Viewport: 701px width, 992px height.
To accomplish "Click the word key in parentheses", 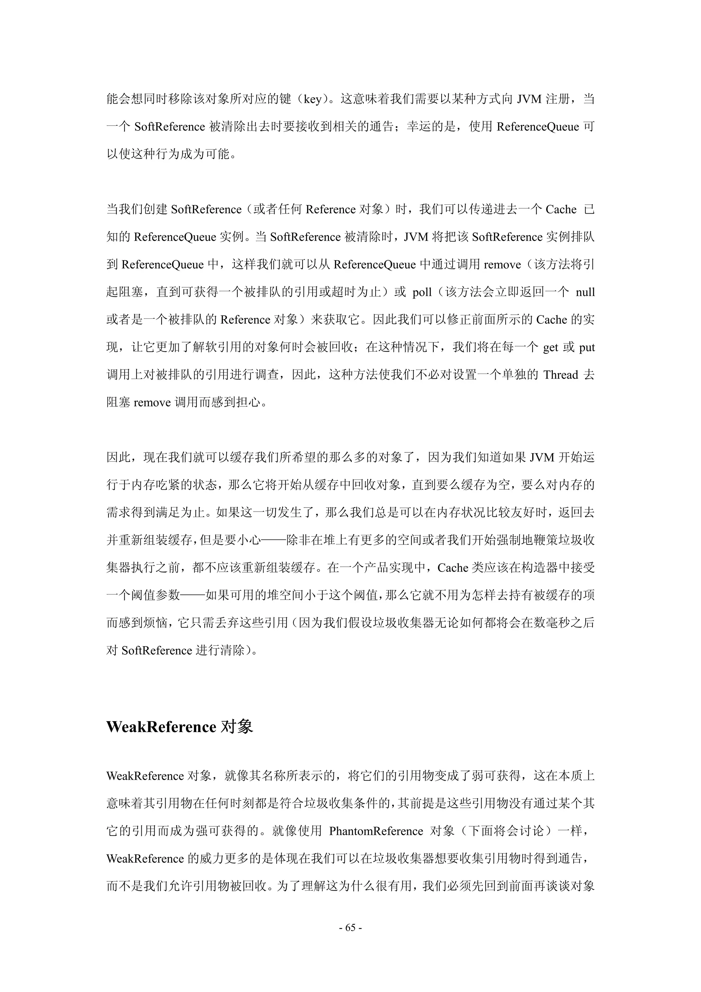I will click(x=313, y=99).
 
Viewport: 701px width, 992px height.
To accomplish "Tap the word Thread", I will click(x=561, y=375).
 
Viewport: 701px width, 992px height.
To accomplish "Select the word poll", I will click(x=422, y=292).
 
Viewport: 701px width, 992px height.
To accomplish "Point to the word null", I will click(x=585, y=292).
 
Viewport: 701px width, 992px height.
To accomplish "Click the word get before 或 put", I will click(x=550, y=347).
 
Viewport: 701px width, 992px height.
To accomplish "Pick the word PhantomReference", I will click(x=376, y=831).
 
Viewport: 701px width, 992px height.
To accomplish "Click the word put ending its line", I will click(x=587, y=347).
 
